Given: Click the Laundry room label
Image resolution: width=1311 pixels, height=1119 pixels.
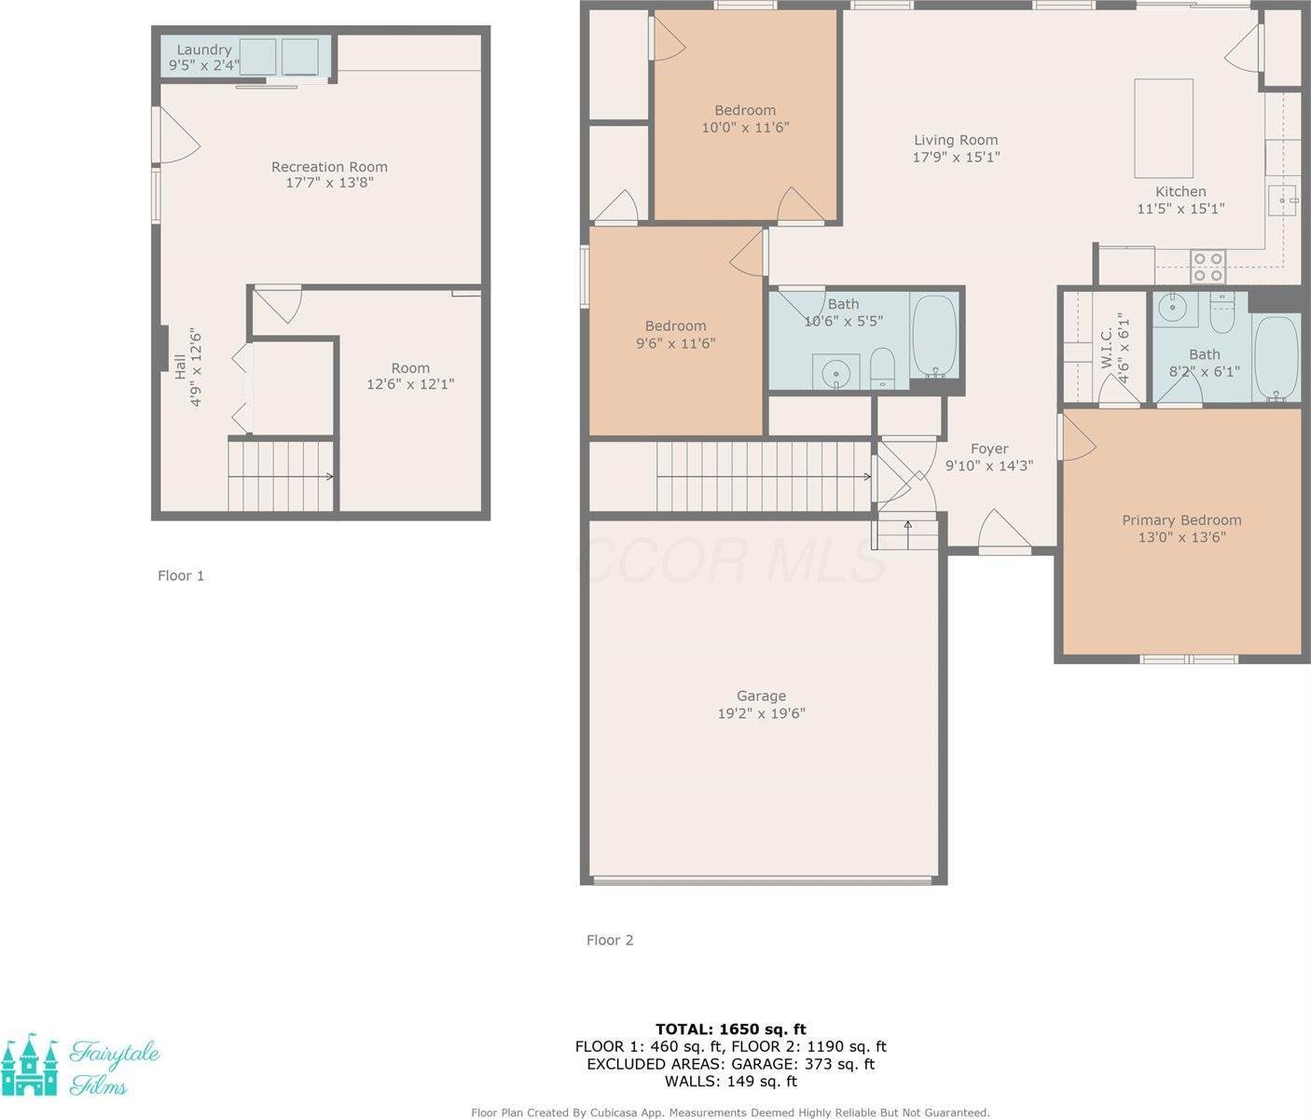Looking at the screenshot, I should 203,50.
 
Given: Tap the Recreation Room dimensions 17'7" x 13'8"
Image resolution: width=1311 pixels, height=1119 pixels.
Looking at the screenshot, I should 329,183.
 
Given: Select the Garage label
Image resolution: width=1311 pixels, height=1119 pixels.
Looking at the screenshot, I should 761,696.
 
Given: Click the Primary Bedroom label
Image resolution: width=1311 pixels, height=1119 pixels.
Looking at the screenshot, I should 1181,520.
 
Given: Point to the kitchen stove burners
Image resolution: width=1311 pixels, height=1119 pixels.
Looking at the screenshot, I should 1208,267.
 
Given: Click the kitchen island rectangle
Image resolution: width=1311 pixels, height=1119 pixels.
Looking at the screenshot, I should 1163,129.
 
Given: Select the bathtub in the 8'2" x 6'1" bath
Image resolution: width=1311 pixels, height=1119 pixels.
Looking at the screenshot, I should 1276,358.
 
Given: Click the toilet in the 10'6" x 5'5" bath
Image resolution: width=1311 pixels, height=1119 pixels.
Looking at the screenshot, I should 882,368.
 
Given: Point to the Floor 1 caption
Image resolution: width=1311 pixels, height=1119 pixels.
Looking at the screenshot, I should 181,575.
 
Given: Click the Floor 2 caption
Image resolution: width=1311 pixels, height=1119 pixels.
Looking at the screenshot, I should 610,940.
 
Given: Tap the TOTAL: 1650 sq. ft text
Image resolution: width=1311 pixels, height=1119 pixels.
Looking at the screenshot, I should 730,1029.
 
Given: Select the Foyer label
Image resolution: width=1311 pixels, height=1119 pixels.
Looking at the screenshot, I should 989,449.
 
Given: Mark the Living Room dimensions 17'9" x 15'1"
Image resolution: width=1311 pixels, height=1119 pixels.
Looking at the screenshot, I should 956,157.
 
